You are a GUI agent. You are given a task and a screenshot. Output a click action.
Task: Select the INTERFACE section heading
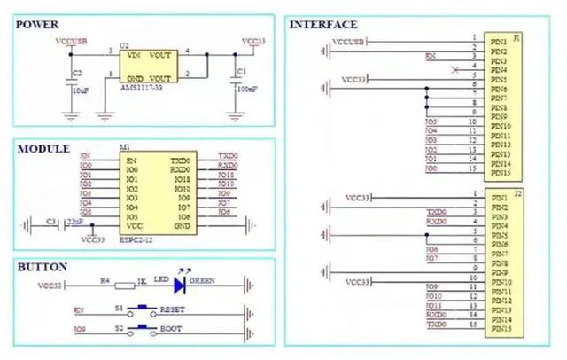(x=323, y=25)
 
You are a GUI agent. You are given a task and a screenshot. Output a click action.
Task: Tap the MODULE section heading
(x=43, y=148)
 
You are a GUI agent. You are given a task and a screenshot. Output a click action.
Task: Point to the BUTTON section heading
(x=42, y=266)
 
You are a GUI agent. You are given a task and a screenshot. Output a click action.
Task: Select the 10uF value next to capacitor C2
(x=80, y=90)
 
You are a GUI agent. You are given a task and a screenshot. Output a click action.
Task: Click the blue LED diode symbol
(x=181, y=285)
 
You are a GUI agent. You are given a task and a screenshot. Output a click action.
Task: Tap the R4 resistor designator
(x=104, y=279)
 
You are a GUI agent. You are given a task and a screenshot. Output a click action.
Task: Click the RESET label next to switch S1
(x=171, y=311)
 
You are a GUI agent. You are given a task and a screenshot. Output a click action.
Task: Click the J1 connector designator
(x=517, y=40)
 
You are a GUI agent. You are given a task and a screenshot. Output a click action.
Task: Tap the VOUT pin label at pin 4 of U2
(x=160, y=55)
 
